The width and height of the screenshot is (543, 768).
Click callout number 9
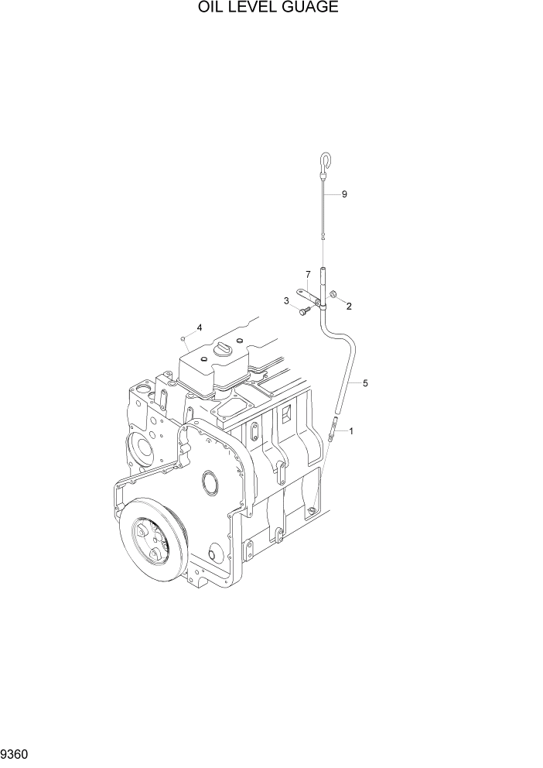click(x=344, y=194)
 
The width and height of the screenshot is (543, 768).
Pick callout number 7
click(x=307, y=274)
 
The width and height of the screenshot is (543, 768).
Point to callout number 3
click(x=286, y=300)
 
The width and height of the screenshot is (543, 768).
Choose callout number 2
click(x=349, y=307)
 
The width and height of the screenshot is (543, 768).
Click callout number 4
click(x=200, y=327)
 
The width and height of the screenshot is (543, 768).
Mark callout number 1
click(x=351, y=430)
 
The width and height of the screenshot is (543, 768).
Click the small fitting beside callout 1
click(x=333, y=428)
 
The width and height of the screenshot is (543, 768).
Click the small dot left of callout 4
click(x=182, y=338)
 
